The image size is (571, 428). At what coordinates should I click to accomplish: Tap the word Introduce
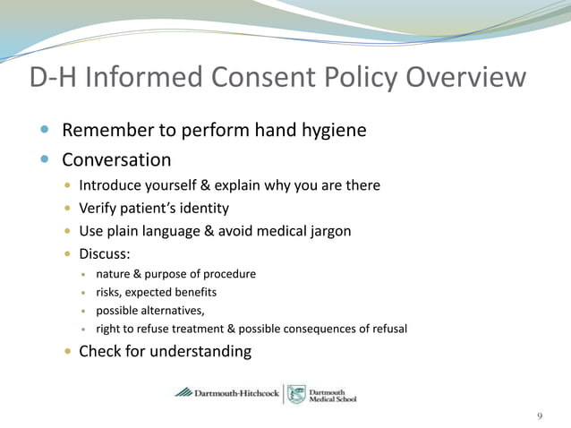click(x=111, y=185)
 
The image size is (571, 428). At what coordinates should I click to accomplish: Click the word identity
click(x=203, y=209)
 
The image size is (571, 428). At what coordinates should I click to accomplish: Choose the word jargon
click(x=327, y=231)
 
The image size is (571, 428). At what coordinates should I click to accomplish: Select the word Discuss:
click(x=105, y=253)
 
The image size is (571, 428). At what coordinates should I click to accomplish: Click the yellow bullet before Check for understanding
click(x=70, y=352)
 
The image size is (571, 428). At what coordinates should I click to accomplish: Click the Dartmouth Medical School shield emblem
click(x=296, y=394)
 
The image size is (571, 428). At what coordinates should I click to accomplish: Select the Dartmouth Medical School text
click(x=332, y=394)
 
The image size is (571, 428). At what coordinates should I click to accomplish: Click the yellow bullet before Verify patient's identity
click(x=70, y=209)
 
